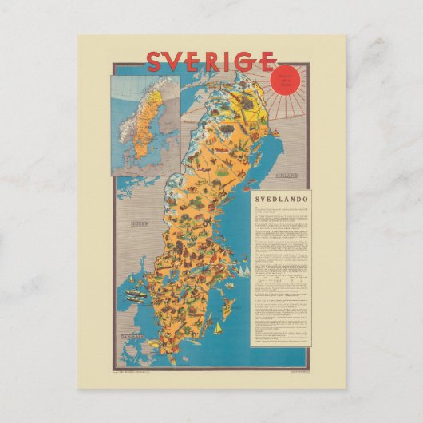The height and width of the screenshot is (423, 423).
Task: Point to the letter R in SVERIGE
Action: click(219, 61)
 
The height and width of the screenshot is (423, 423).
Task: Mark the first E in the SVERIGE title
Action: click(200, 61)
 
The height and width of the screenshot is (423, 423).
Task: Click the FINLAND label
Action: click(284, 174)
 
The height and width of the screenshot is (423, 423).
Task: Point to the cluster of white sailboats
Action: click(243, 271)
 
